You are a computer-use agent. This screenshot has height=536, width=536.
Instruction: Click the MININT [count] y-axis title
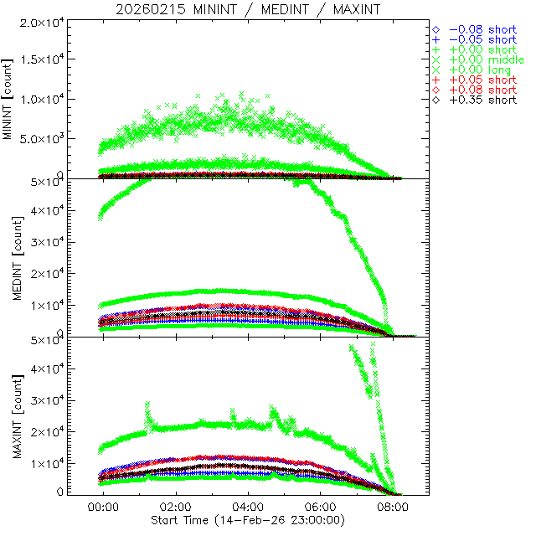coord(9,99)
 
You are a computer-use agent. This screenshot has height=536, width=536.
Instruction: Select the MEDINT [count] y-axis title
coord(9,257)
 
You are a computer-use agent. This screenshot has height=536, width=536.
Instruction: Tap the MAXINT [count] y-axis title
coord(9,415)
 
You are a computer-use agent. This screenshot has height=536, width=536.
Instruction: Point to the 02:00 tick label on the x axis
coord(175,508)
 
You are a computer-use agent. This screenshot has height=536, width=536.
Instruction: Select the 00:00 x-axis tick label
coord(103,508)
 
